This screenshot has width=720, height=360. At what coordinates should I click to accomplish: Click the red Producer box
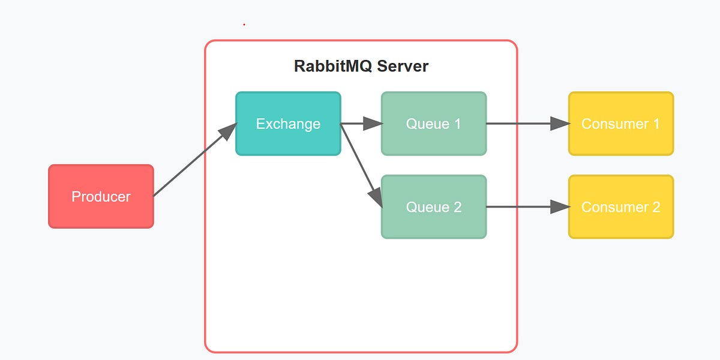(x=101, y=196)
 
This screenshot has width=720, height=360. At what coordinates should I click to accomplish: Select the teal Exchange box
(x=288, y=124)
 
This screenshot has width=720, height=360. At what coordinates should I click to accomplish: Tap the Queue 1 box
(x=434, y=124)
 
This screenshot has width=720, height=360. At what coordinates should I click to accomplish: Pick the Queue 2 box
(x=434, y=207)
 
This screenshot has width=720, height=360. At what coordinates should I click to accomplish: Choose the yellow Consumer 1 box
(x=621, y=124)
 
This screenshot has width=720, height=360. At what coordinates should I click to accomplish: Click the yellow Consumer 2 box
(x=621, y=207)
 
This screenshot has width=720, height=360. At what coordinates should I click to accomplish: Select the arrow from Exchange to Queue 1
(x=358, y=124)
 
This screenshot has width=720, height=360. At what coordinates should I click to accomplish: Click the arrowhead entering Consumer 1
(x=560, y=124)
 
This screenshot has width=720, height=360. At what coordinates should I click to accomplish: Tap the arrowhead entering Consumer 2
(x=560, y=207)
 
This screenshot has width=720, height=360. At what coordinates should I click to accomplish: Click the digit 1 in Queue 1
(x=457, y=124)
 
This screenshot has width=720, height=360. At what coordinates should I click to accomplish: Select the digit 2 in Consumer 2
(x=655, y=207)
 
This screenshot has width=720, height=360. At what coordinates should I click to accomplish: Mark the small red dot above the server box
(x=244, y=25)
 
